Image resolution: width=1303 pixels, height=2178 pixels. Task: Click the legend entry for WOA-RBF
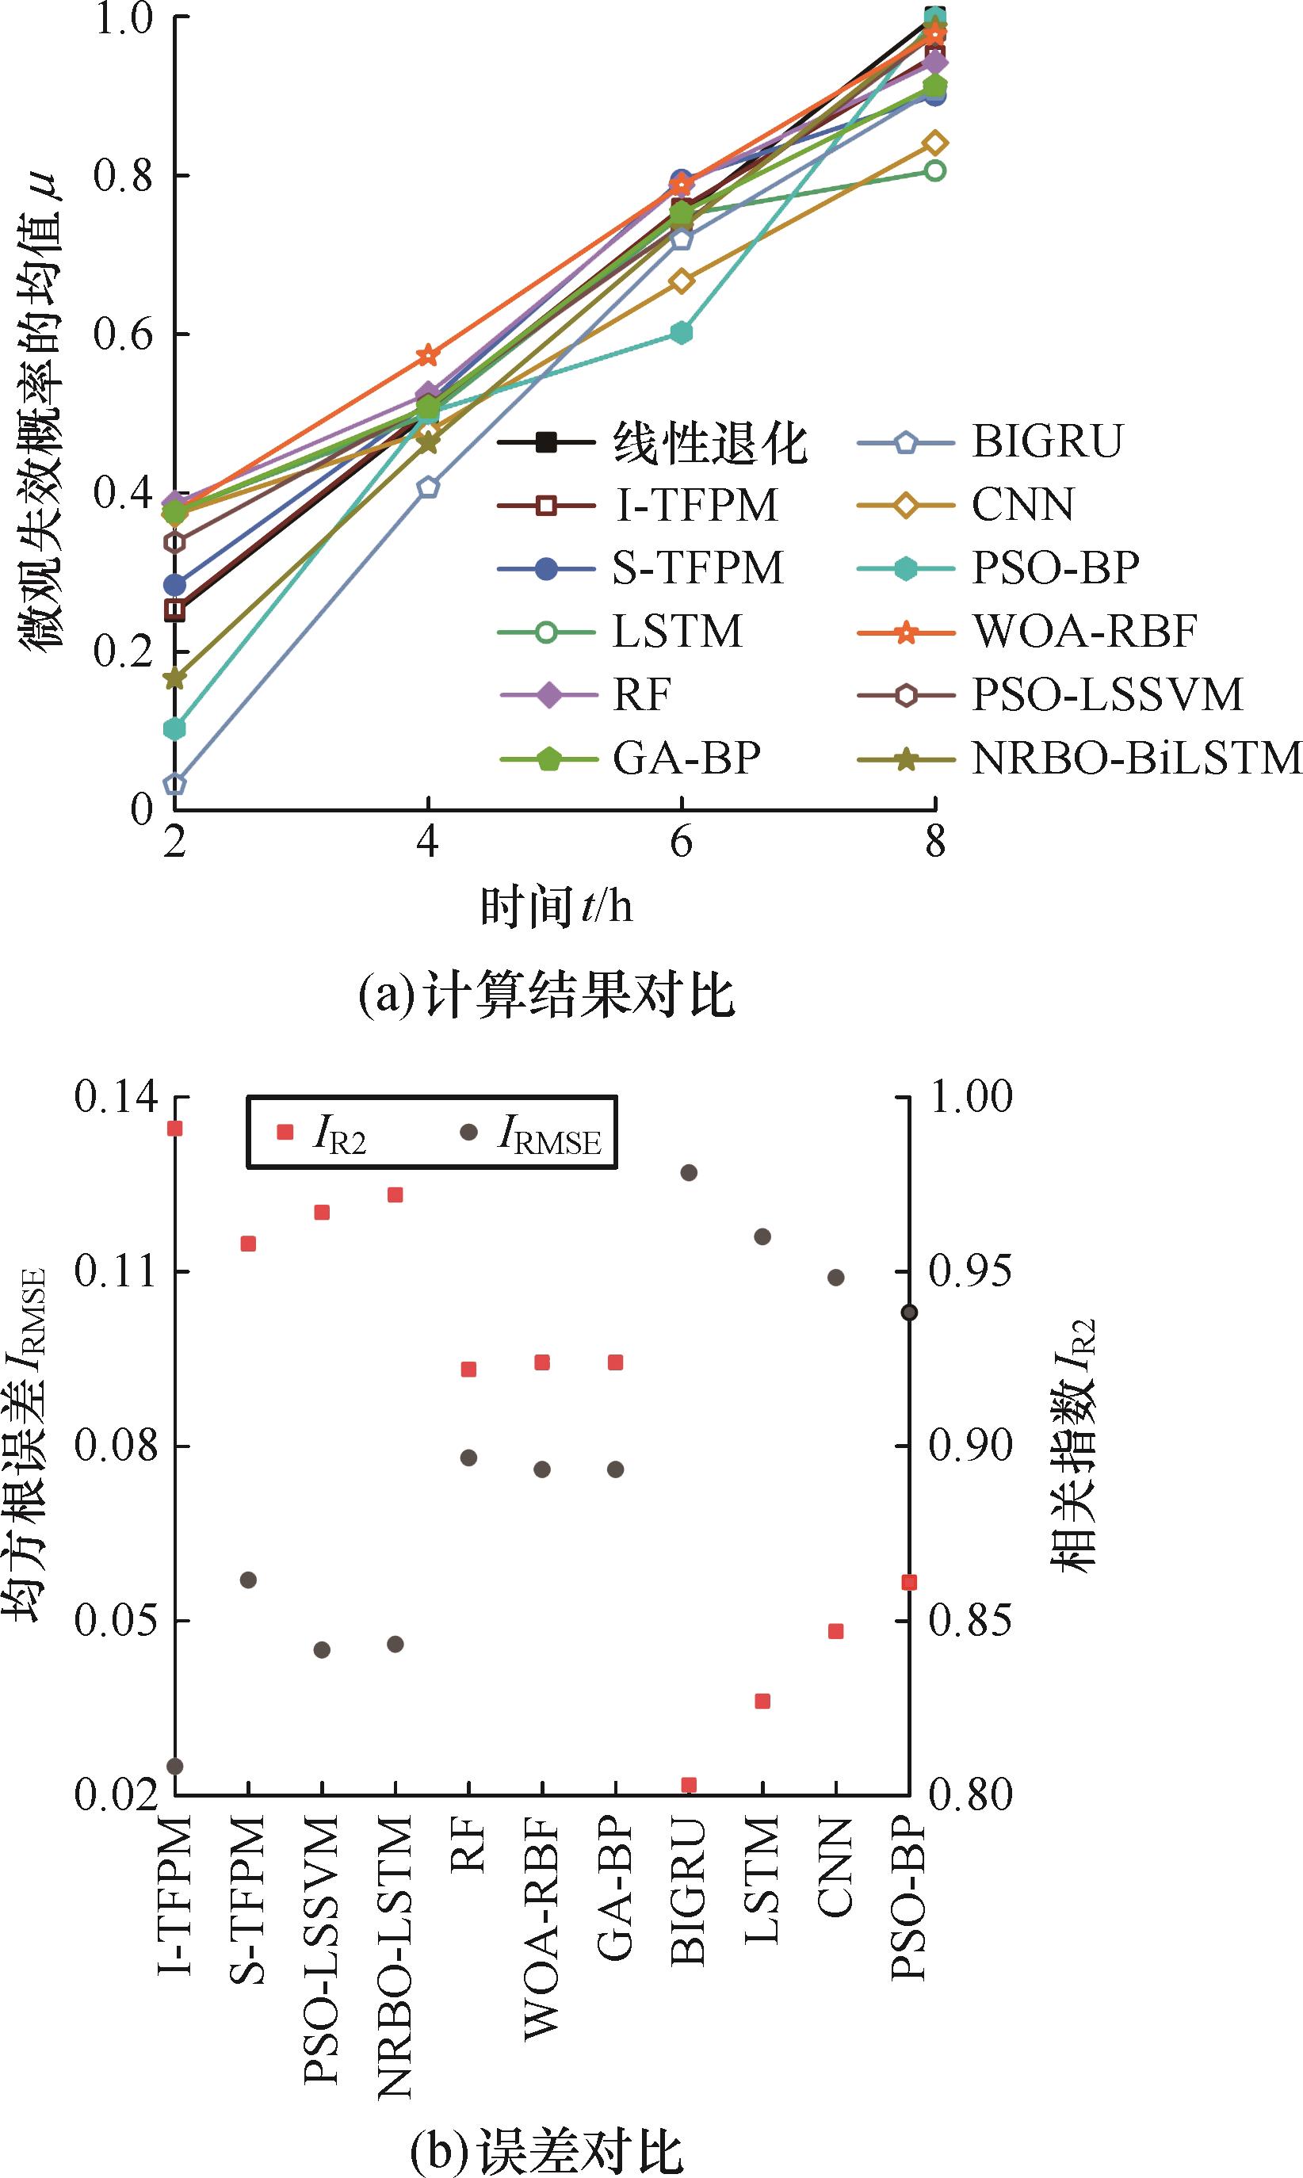tap(1084, 630)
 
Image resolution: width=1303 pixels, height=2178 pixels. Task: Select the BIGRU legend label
tap(1047, 441)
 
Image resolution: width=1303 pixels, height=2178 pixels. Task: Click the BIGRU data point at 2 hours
tap(174, 784)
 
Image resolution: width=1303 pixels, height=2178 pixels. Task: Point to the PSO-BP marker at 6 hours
tap(682, 333)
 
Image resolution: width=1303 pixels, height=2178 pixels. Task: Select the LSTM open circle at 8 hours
tap(935, 170)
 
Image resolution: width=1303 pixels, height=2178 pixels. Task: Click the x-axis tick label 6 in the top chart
tap(681, 842)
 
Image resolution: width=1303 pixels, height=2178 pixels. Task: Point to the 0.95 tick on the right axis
tap(970, 1271)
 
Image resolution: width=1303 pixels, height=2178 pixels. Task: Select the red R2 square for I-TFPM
tap(174, 1128)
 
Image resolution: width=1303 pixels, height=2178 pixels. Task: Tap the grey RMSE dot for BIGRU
tap(690, 1173)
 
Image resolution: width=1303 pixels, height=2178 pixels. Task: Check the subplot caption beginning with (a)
tap(546, 996)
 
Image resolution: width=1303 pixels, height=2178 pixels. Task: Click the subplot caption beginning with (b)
tap(546, 2146)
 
